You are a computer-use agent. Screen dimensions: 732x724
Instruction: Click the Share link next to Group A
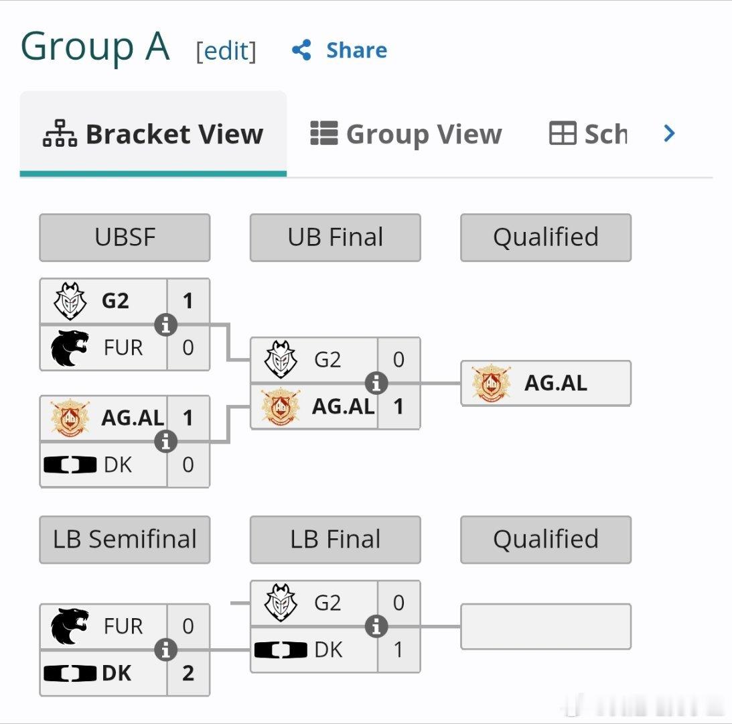click(340, 50)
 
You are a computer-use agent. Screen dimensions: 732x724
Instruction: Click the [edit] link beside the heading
click(226, 51)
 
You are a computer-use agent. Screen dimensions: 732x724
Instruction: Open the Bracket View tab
click(153, 134)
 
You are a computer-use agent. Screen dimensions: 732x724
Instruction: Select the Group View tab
click(406, 134)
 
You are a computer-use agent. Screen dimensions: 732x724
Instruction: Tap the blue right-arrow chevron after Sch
click(669, 133)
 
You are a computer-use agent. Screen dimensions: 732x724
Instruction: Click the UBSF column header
click(125, 237)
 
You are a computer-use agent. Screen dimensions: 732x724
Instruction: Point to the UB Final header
click(335, 237)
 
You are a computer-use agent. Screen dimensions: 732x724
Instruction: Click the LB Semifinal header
click(125, 540)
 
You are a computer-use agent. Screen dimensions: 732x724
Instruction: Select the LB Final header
click(335, 540)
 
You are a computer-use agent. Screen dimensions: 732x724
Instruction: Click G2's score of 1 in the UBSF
click(188, 300)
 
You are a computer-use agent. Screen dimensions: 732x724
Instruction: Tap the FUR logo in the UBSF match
click(70, 348)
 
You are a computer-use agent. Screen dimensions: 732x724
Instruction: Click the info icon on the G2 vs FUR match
click(165, 324)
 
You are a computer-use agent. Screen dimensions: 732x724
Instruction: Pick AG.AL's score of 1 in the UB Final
click(398, 406)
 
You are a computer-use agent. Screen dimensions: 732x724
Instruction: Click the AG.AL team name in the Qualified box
click(556, 383)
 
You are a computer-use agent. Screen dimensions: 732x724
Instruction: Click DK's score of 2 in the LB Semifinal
click(188, 673)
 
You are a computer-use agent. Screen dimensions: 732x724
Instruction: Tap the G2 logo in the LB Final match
click(280, 603)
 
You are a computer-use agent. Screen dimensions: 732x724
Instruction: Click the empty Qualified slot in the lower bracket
click(546, 626)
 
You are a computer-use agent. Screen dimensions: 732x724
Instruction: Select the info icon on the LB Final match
click(376, 626)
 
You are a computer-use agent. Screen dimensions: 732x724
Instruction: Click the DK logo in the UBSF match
click(70, 465)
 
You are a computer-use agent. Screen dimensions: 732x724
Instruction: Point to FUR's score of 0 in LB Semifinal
click(188, 626)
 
